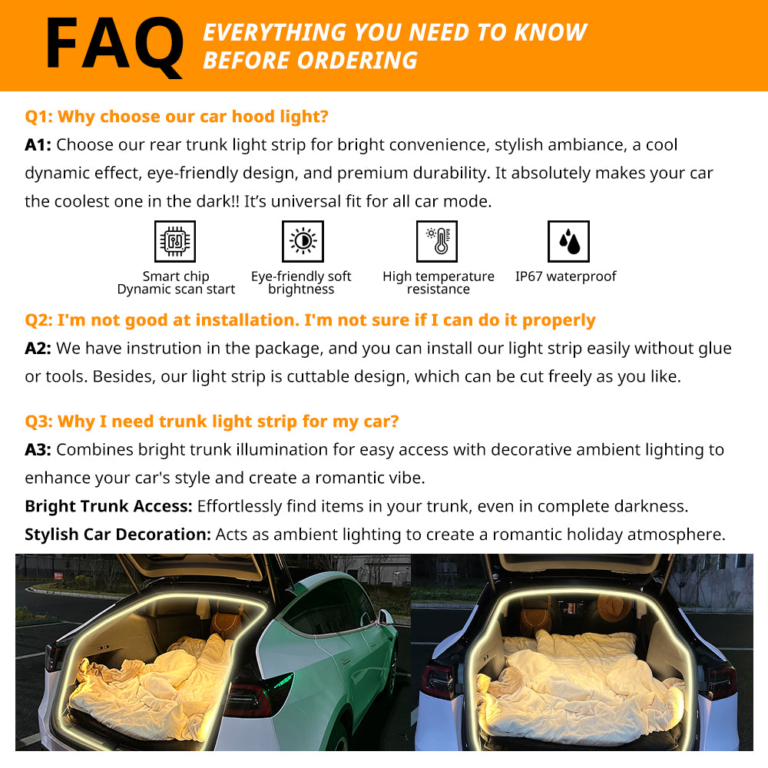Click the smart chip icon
[x=175, y=241]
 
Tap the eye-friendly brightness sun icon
[x=303, y=241]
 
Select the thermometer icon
[x=437, y=241]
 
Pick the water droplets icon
[x=568, y=241]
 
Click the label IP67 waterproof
[x=566, y=276]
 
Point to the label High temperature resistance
[x=439, y=283]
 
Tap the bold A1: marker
[x=38, y=145]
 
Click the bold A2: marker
[x=38, y=348]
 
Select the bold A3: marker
[x=38, y=449]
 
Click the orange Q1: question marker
[x=38, y=117]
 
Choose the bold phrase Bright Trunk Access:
[x=109, y=506]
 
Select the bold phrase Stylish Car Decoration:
[x=118, y=535]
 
